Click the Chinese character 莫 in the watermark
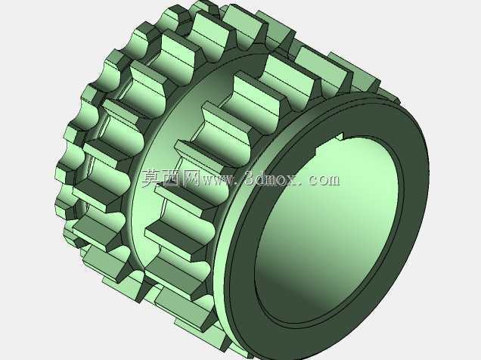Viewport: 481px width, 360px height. tap(151, 178)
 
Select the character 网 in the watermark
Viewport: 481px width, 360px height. tap(190, 178)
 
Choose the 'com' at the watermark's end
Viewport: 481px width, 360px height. tap(324, 180)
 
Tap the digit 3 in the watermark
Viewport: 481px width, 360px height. tap(250, 178)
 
